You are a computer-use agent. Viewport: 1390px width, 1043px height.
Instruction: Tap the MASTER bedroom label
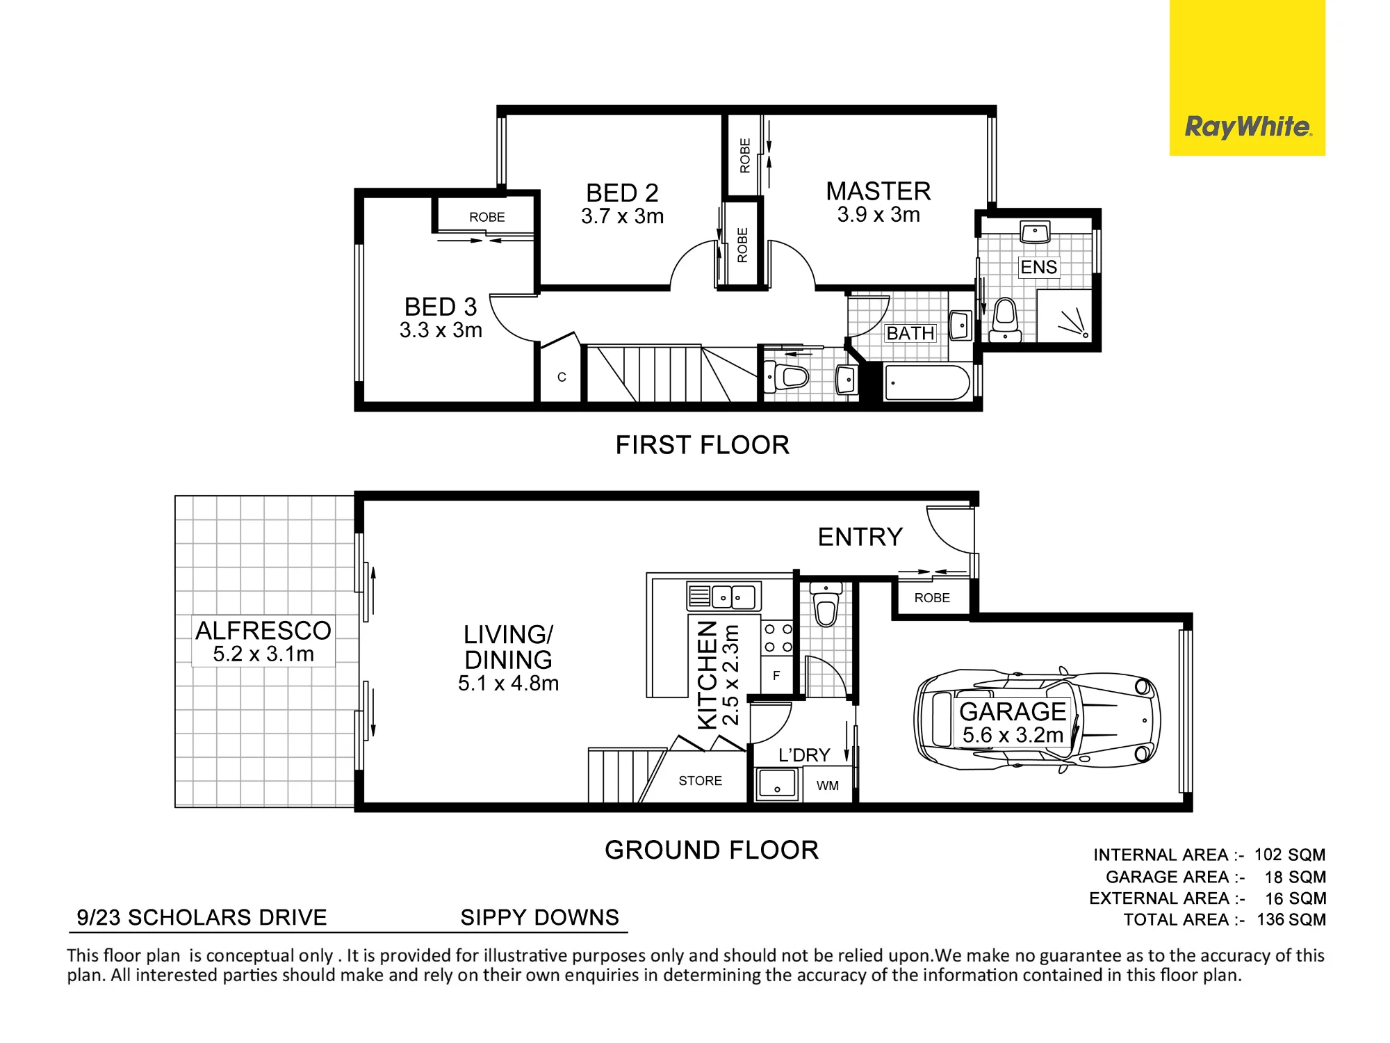click(x=878, y=191)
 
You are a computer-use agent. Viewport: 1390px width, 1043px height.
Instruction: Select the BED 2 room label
click(x=622, y=193)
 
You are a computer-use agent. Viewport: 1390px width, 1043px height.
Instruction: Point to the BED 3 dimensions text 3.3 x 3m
click(x=441, y=330)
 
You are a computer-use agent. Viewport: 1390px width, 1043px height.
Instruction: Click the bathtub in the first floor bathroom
click(x=928, y=382)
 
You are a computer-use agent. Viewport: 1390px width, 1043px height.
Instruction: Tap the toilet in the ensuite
click(x=1005, y=321)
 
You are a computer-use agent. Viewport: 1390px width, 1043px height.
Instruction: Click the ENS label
click(x=1039, y=267)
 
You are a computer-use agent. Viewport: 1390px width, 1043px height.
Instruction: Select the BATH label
click(x=910, y=334)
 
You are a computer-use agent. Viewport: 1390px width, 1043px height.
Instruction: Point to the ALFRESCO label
click(x=263, y=631)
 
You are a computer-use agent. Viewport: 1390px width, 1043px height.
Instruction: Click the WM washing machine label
click(x=828, y=786)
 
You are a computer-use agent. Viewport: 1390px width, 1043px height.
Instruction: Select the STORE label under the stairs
click(x=701, y=781)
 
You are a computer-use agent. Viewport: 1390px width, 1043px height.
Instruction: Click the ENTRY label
click(x=860, y=537)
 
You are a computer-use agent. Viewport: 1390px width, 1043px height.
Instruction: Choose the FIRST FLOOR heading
click(x=703, y=445)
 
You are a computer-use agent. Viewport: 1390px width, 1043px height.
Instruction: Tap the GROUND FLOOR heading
click(x=712, y=850)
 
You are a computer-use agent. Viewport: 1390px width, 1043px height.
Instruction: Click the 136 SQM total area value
click(x=1291, y=919)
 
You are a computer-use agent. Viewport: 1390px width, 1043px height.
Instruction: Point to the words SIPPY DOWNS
click(x=539, y=917)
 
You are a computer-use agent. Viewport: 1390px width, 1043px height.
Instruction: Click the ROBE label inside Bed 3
click(x=487, y=217)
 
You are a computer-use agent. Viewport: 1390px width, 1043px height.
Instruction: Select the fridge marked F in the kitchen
click(x=777, y=676)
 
